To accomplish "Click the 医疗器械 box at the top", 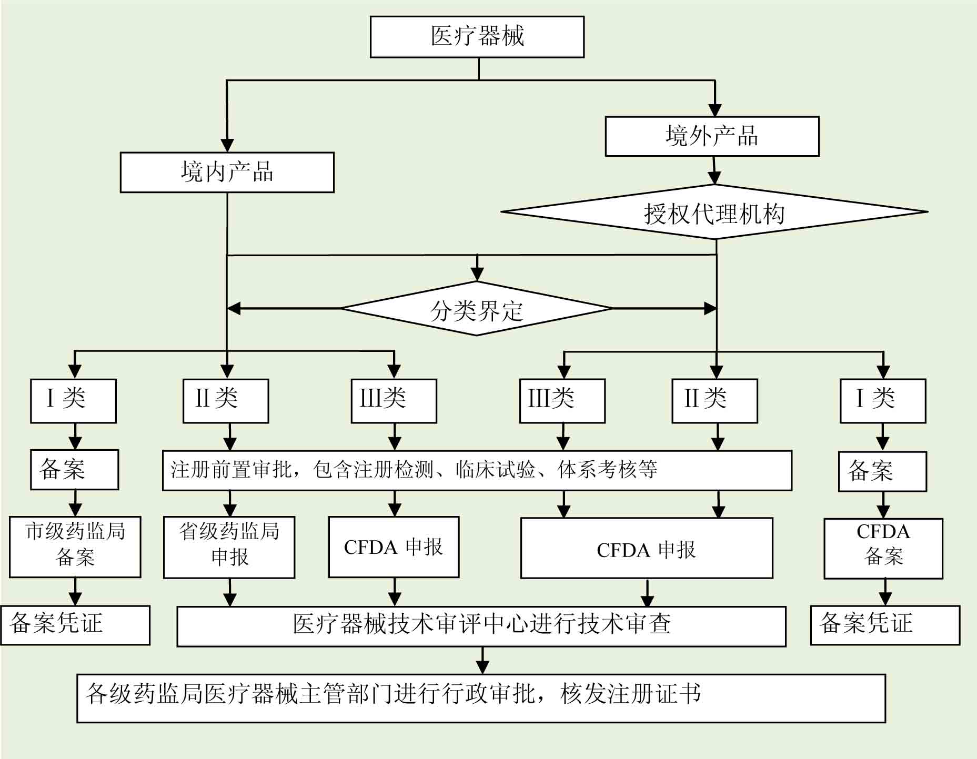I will pos(477,37).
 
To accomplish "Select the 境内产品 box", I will pos(227,173).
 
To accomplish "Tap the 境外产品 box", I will pos(712,136).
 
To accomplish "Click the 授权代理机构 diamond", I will pos(714,212).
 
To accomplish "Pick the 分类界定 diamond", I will pos(476,309).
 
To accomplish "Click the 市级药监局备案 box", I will pos(75,547).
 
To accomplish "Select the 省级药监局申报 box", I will pos(229,547).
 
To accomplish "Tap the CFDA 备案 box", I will pos(883,549).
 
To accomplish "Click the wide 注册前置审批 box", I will pos(477,470).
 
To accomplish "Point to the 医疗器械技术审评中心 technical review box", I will pos(481,626).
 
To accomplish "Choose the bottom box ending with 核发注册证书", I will pos(481,698).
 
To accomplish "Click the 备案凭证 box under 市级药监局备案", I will pos(75,625).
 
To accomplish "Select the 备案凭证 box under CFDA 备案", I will pos(885,625).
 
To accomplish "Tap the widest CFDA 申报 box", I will pos(646,549).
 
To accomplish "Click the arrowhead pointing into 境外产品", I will pos(714,110).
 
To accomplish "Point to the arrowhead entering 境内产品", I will pos(227,146).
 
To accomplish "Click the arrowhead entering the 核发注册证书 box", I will pos(482,667).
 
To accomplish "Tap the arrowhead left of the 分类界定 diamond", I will pos(234,309).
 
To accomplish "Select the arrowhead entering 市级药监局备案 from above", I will pos(75,510).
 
